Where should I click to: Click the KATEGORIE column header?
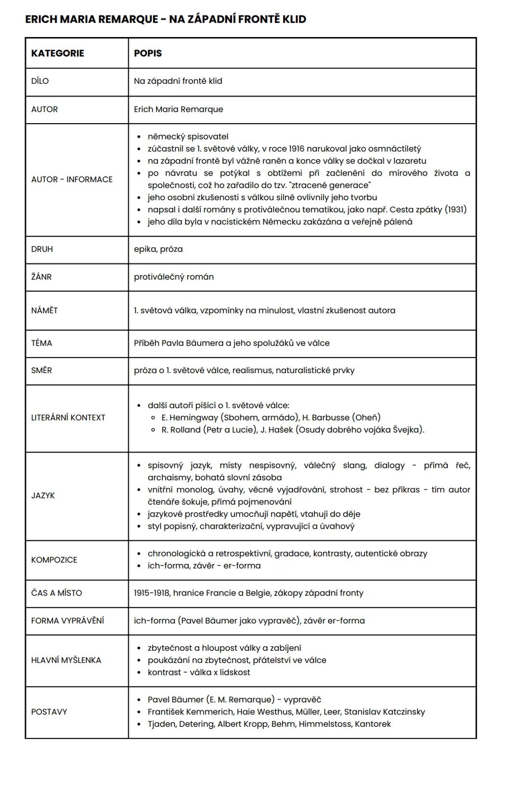click(57, 53)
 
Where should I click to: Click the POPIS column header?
click(148, 53)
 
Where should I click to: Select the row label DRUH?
click(42, 249)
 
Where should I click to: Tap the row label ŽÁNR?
click(41, 277)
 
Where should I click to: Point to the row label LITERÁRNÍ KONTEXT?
click(68, 418)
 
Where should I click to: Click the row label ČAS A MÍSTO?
click(56, 593)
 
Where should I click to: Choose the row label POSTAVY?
click(49, 712)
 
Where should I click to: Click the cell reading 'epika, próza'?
click(158, 249)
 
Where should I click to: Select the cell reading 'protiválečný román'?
click(174, 277)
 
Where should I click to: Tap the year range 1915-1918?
click(152, 593)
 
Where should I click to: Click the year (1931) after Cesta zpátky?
click(455, 209)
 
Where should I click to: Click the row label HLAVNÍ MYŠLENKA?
click(66, 660)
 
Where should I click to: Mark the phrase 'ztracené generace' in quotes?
click(330, 185)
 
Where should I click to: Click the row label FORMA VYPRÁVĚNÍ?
click(67, 620)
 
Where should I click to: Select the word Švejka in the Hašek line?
click(408, 430)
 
